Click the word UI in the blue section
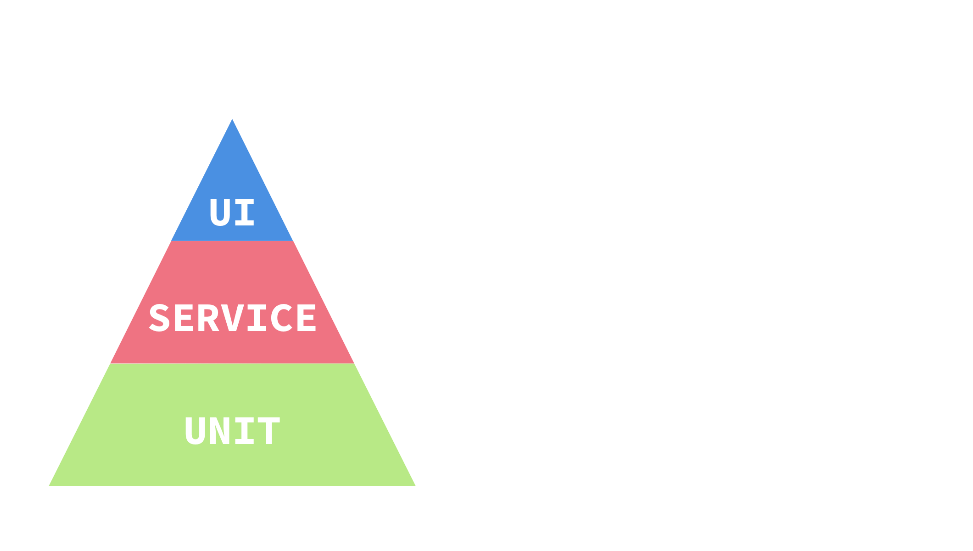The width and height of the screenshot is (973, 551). pyautogui.click(x=232, y=212)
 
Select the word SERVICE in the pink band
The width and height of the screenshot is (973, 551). pyautogui.click(x=232, y=318)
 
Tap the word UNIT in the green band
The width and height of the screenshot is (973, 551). pyautogui.click(x=232, y=431)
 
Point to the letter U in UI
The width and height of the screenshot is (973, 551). pyautogui.click(x=220, y=212)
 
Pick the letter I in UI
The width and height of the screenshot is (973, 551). pyautogui.click(x=244, y=212)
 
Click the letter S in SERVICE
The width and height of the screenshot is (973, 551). pyautogui.click(x=159, y=318)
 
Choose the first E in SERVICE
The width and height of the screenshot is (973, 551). pyautogui.click(x=184, y=318)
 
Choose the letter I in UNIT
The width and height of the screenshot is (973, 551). pyautogui.click(x=244, y=431)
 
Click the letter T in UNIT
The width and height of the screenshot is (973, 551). pyautogui.click(x=268, y=431)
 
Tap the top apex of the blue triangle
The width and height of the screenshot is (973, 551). pyautogui.click(x=232, y=120)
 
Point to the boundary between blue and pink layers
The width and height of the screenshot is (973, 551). pyautogui.click(x=232, y=242)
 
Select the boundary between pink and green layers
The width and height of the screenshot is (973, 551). pyautogui.click(x=232, y=364)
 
